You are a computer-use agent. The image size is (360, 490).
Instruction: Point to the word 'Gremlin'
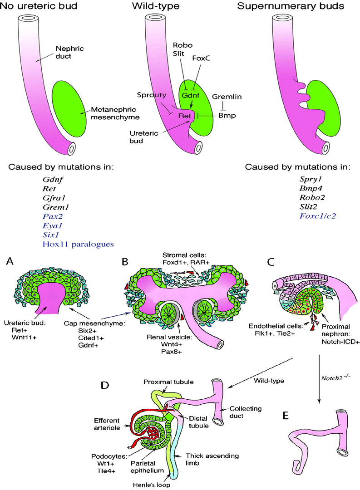click(x=228, y=97)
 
